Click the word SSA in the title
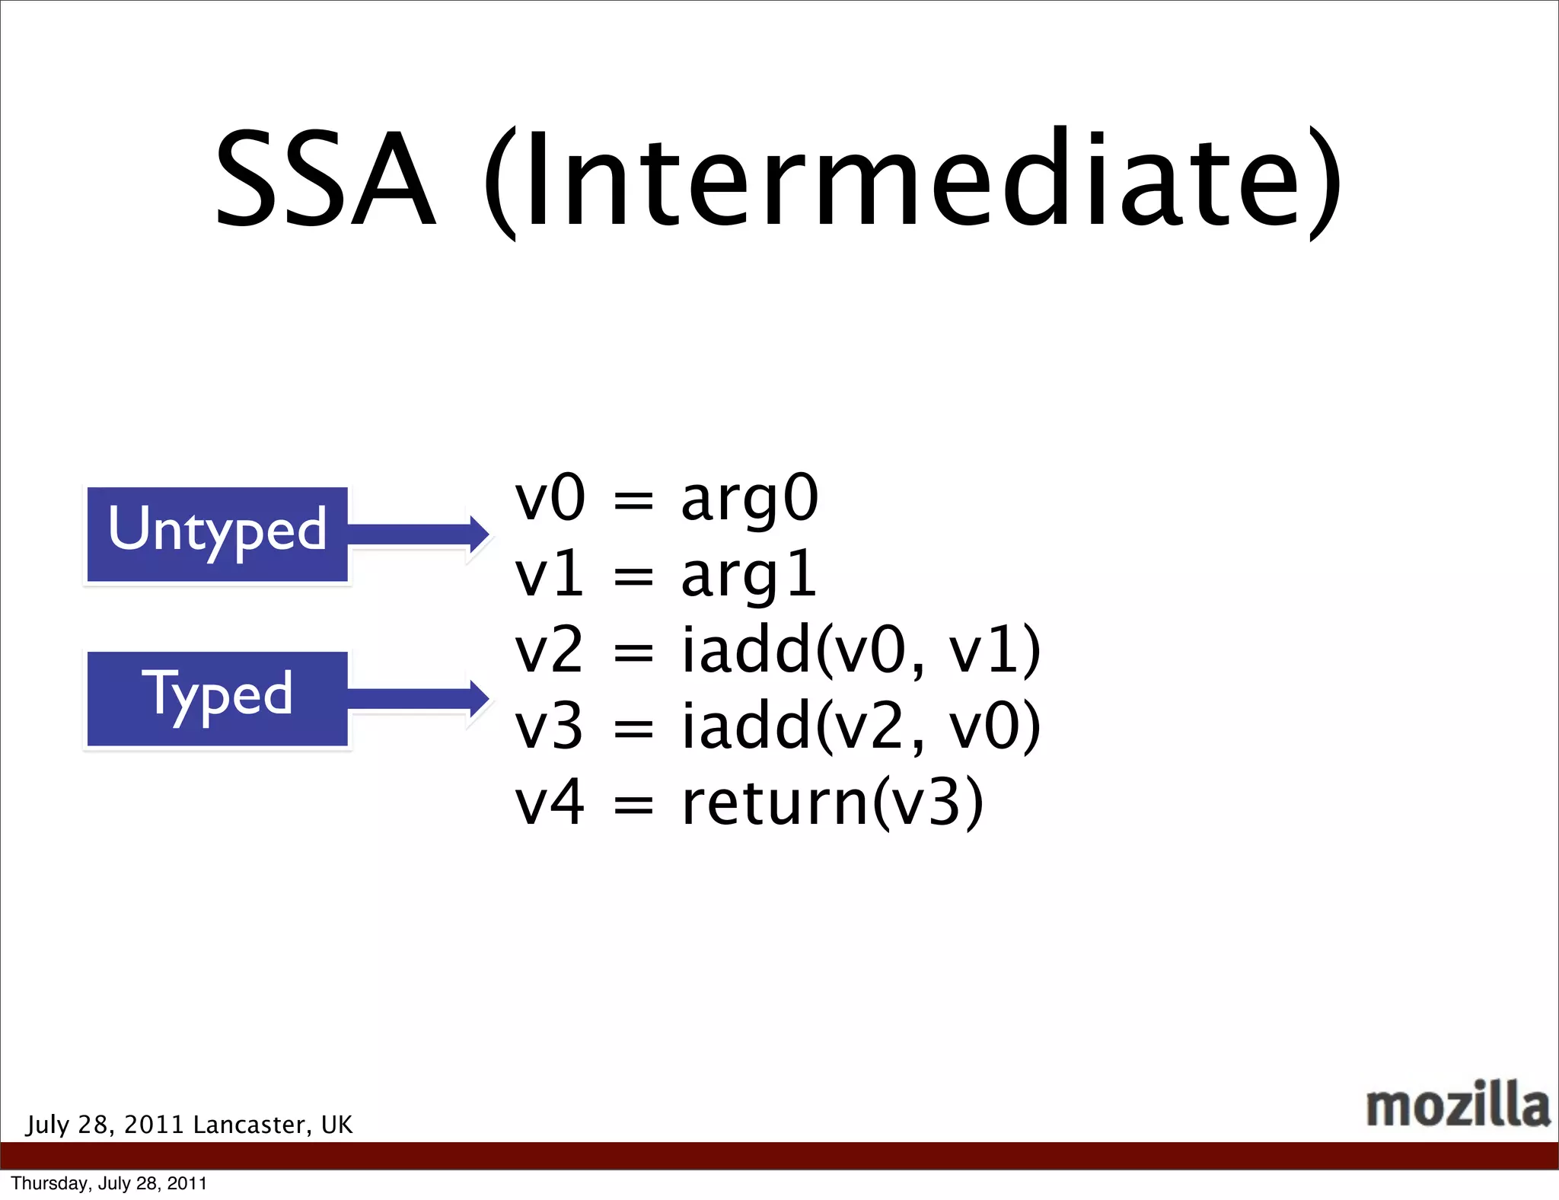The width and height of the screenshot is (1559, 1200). pos(325,181)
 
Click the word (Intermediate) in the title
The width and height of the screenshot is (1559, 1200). pos(912,181)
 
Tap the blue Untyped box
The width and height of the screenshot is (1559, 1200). pos(218,535)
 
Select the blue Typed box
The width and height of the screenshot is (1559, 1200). pos(218,699)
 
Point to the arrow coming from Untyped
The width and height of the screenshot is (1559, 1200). pos(415,535)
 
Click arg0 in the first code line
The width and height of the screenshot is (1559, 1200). pos(749,499)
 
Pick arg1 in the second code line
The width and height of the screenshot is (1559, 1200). pos(749,575)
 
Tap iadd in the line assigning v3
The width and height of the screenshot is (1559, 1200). pos(746,727)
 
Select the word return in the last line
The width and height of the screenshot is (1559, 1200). pos(774,803)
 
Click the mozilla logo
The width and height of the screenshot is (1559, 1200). pos(1457,1104)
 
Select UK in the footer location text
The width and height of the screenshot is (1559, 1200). pos(337,1125)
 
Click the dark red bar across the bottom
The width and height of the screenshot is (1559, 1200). pos(779,1155)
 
